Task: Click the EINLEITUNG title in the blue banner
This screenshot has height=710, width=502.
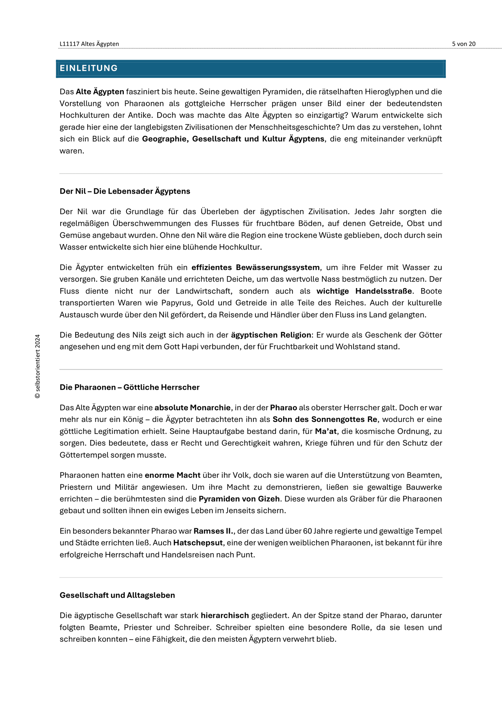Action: [x=89, y=68]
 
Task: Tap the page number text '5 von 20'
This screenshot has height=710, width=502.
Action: [x=464, y=44]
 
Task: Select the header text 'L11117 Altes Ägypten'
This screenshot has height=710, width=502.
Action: [x=89, y=44]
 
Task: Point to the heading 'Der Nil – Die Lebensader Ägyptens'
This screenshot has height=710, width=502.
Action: [x=125, y=191]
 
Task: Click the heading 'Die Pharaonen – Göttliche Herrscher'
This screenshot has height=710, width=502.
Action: [x=129, y=387]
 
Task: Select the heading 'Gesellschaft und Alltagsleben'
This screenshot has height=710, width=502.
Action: [x=117, y=595]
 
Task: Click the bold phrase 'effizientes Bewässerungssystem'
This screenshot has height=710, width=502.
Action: [x=256, y=267]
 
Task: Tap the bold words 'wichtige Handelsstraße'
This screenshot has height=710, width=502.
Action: [x=364, y=291]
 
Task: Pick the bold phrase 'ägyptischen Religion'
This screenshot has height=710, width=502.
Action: [x=271, y=335]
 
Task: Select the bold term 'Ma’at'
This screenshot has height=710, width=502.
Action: [x=326, y=431]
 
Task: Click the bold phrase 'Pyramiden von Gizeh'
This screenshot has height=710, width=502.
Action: [x=239, y=499]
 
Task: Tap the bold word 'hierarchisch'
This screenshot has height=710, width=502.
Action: [x=225, y=615]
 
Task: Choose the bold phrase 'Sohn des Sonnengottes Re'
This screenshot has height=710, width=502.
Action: [x=324, y=419]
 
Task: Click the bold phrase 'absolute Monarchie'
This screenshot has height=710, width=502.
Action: [x=192, y=407]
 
